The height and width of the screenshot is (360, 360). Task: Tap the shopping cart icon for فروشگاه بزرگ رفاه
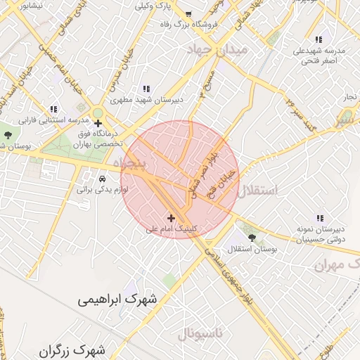188,14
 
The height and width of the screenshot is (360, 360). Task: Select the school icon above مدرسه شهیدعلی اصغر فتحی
319,40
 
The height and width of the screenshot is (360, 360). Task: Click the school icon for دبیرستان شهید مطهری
146,89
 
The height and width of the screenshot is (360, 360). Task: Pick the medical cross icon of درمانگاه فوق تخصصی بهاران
98,124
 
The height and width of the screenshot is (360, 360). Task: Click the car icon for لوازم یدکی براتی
103,179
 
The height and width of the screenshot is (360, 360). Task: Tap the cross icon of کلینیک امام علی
171,218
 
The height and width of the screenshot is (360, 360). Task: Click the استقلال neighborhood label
258,191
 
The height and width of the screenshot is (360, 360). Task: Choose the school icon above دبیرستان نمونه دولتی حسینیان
320,218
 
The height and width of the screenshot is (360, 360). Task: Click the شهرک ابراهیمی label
118,300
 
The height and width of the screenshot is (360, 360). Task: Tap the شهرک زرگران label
72,349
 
